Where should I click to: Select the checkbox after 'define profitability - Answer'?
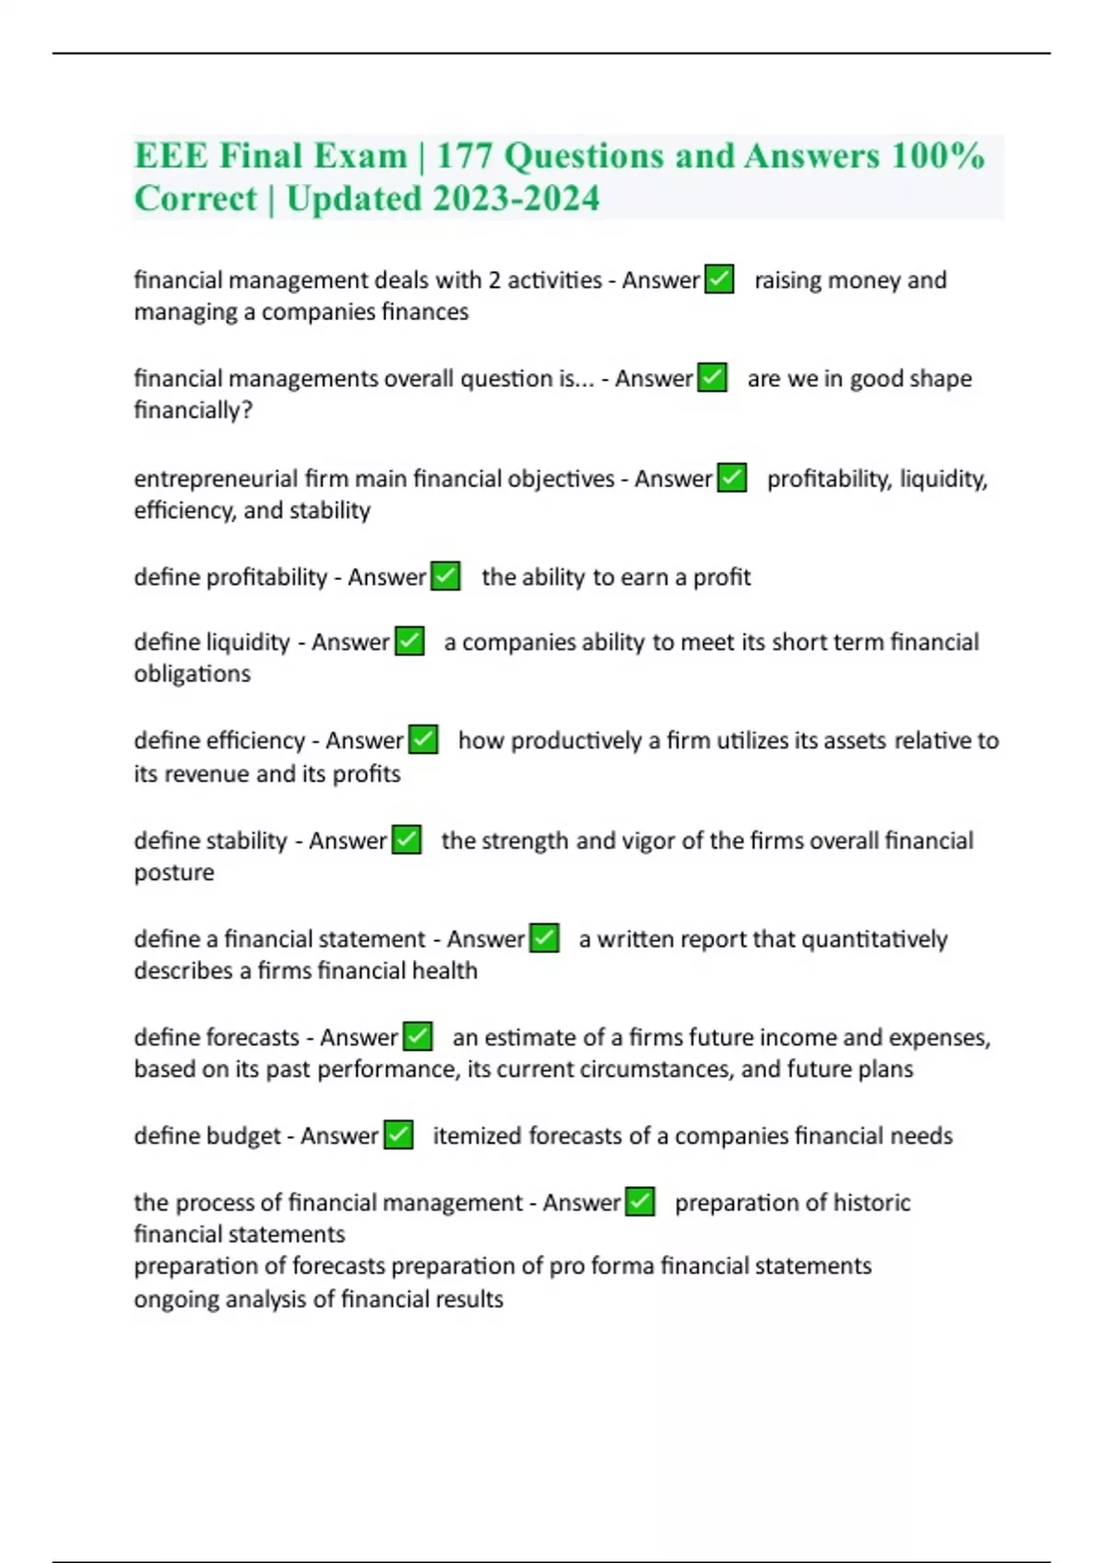(445, 576)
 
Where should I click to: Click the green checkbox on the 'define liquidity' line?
(409, 642)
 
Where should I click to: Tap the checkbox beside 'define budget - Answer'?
(398, 1135)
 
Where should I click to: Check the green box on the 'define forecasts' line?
(418, 1037)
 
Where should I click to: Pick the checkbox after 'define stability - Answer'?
(407, 840)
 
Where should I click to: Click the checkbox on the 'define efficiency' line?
(423, 740)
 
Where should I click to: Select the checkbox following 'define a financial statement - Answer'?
(545, 939)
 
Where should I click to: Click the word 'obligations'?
(192, 674)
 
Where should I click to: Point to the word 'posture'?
(174, 873)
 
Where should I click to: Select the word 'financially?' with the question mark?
(193, 410)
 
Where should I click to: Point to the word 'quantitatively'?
(874, 939)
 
